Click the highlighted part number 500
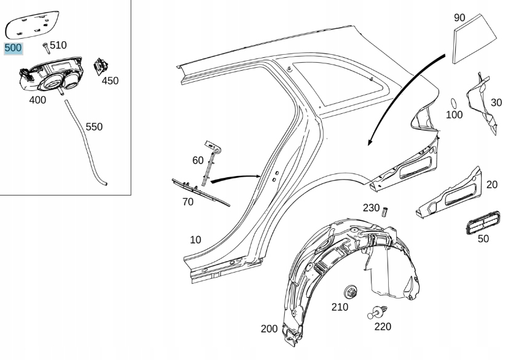(x=13, y=48)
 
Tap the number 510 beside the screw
(x=58, y=45)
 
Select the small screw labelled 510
(x=46, y=46)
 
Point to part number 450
(x=110, y=81)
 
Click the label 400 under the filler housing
(x=37, y=100)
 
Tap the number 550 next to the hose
(x=94, y=127)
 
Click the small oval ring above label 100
(x=454, y=102)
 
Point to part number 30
(x=497, y=102)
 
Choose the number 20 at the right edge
(x=492, y=185)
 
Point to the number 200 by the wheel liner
(x=269, y=329)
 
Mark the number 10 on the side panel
(x=195, y=239)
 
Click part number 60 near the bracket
(x=197, y=161)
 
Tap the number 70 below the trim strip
(x=188, y=201)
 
